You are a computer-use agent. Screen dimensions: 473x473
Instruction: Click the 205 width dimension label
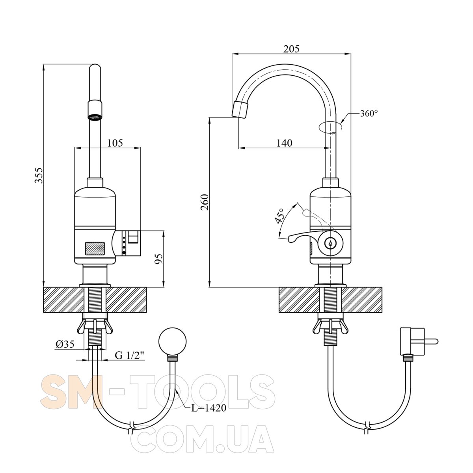pos(291,49)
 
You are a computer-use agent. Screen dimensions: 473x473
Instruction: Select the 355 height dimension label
pos(39,175)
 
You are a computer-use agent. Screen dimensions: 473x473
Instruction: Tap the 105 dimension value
pos(115,143)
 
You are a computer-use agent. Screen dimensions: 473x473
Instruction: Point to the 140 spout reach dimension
pos(285,143)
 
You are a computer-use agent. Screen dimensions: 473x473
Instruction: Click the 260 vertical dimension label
pos(205,202)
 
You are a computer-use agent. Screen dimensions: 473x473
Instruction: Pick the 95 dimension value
pos(159,259)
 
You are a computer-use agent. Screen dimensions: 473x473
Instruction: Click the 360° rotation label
pos(369,114)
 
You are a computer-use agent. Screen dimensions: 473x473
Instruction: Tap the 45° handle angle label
pos(279,216)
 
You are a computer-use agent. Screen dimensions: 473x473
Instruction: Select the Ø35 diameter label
pos(65,344)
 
